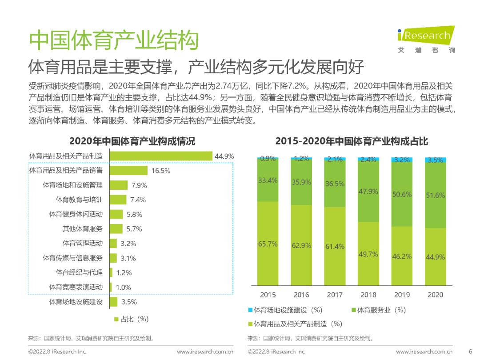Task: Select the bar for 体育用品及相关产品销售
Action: (128, 171)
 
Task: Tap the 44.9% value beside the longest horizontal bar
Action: (224, 156)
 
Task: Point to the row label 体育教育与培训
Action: (79, 200)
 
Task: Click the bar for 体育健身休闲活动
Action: (116, 214)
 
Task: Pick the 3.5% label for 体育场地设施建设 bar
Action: (129, 302)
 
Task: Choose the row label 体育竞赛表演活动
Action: (76, 287)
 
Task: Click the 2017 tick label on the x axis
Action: (335, 295)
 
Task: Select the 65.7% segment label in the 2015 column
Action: (268, 244)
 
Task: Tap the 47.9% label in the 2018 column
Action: (368, 192)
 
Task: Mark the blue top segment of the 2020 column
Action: (435, 160)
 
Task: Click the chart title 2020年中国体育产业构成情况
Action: (132, 141)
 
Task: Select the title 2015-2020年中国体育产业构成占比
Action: (352, 141)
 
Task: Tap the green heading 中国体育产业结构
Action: (113, 41)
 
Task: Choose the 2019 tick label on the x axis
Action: (402, 295)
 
